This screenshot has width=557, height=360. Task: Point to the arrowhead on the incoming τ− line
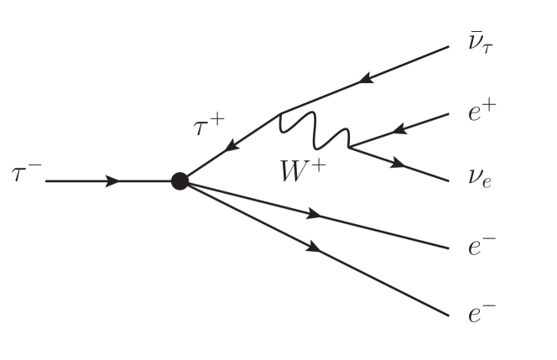click(112, 180)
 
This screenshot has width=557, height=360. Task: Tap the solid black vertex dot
click(179, 180)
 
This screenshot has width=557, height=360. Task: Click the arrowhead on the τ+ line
click(228, 145)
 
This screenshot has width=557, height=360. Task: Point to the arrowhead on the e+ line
click(398, 130)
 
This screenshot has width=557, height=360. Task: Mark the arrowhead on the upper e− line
click(315, 214)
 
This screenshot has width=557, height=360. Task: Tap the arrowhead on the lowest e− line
click(315, 247)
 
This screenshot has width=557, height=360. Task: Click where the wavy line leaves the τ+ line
click(279, 112)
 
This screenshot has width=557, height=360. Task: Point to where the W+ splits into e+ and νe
click(348, 148)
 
